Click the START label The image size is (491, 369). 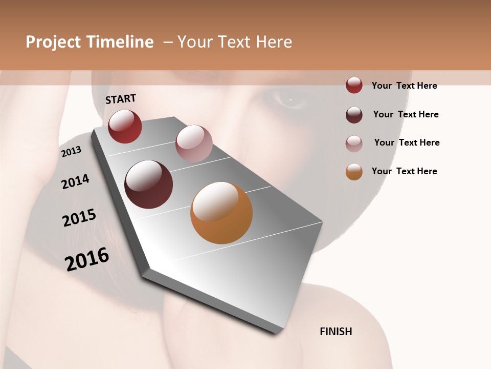[x=121, y=99]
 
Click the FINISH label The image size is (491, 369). [x=336, y=332]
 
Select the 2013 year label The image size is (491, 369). [x=71, y=152]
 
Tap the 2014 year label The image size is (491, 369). [x=75, y=181]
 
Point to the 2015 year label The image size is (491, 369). [x=79, y=217]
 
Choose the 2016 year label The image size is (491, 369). [x=87, y=259]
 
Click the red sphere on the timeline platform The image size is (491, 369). [x=125, y=126]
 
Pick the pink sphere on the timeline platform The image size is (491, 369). [x=194, y=143]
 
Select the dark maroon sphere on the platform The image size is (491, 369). [x=149, y=184]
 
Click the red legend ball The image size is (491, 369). [x=354, y=85]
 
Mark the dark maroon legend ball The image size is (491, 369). [x=354, y=115]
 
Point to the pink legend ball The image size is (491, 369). [x=354, y=143]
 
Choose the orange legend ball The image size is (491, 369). [x=354, y=172]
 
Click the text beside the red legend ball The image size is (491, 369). [x=404, y=86]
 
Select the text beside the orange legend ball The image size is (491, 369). [x=404, y=171]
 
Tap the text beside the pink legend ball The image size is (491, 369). [x=407, y=142]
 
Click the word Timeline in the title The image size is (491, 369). [x=120, y=42]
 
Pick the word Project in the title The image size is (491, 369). [x=53, y=42]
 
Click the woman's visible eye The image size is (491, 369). [x=290, y=98]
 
